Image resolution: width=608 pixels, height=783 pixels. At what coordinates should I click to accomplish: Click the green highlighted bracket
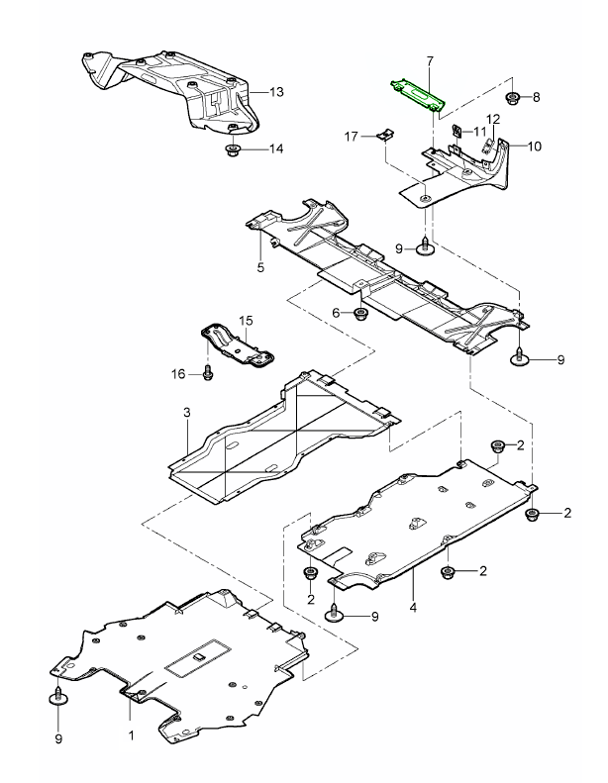point(416,94)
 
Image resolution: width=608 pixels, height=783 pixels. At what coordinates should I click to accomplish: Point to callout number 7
point(430,61)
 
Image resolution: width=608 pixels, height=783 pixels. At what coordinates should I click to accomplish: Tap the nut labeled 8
point(514,97)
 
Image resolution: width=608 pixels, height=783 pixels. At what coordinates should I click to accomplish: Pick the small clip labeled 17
point(387,135)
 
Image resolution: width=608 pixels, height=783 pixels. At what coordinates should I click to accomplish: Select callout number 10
point(534,147)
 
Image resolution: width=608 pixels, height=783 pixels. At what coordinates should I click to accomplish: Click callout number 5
point(260,267)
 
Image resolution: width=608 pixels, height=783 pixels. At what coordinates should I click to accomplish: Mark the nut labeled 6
point(361,315)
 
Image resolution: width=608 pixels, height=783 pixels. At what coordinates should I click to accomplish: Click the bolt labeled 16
point(208,373)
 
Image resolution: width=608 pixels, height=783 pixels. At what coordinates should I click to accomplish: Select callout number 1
point(131,735)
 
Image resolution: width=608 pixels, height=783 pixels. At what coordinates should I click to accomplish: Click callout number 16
point(179,373)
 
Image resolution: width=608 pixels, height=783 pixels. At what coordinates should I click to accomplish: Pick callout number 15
point(247,320)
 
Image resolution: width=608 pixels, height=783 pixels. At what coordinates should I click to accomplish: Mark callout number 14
point(276,149)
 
